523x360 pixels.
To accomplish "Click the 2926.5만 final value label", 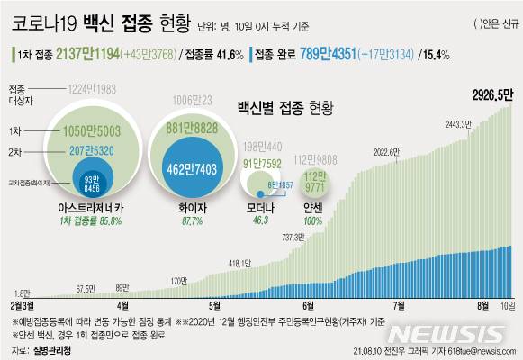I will click(488, 94).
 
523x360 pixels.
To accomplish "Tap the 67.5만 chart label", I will click(86, 288).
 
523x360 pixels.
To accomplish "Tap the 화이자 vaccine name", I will click(188, 206).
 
